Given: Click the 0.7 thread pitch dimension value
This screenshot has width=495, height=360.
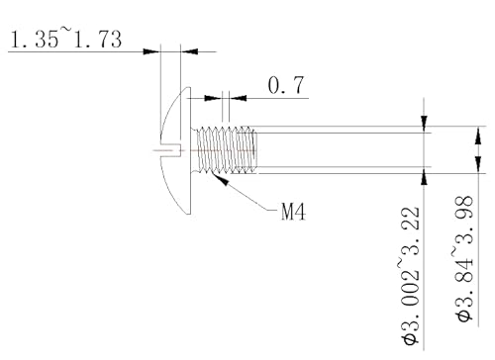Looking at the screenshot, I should pyautogui.click(x=286, y=86).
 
